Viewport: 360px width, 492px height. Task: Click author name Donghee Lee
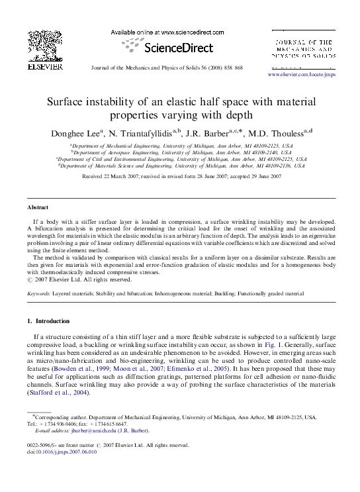pyautogui.click(x=79, y=134)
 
